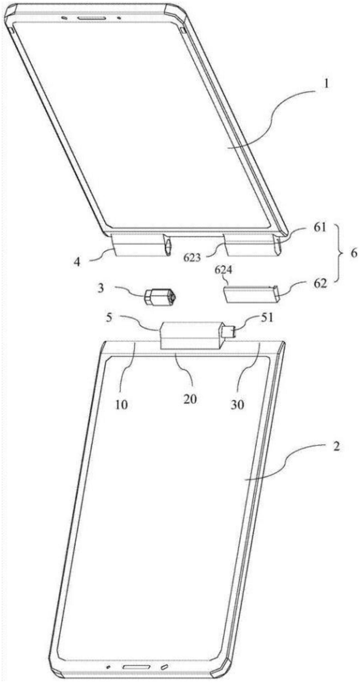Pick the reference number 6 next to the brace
353,253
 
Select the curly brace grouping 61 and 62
338,253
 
